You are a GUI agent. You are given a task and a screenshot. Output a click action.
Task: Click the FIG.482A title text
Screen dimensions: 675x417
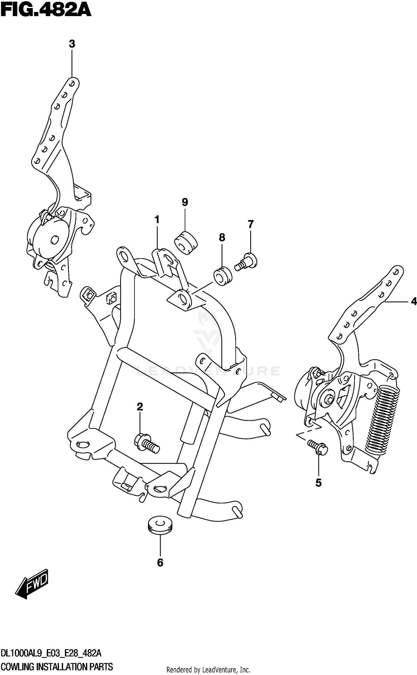pos(46,11)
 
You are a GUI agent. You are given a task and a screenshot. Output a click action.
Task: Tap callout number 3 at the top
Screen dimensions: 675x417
pos(72,44)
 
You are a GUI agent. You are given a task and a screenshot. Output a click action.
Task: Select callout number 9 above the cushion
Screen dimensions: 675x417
pos(185,202)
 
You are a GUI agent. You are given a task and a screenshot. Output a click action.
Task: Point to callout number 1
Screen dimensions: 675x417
pos(157,220)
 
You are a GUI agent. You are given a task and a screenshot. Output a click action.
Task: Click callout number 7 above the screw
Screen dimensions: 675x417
pos(250,224)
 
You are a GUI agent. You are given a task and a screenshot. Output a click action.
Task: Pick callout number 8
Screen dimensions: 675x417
pos(222,237)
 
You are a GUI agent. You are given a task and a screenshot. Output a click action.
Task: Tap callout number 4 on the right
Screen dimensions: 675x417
pos(414,301)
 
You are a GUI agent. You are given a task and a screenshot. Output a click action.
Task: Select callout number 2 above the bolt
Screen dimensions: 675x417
pos(140,407)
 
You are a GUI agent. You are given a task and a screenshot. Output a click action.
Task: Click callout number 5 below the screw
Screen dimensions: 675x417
pos(318,483)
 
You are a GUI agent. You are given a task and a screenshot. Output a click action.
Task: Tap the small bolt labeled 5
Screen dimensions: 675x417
pos(318,447)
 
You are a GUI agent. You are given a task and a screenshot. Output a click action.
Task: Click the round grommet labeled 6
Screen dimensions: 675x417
pos(160,525)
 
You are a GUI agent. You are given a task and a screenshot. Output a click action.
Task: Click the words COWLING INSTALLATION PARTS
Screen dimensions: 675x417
pos(57,667)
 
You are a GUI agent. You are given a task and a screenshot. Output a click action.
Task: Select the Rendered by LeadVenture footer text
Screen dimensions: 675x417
pos(208,670)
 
